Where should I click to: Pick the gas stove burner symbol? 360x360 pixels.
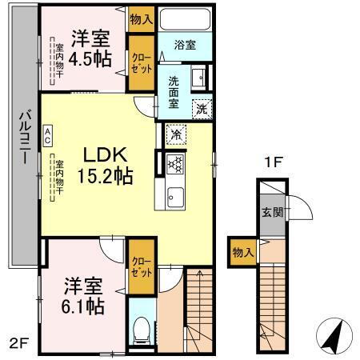coord(175,162)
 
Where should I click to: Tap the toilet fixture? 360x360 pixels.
coord(141,326)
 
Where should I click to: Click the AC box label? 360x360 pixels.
coord(48,133)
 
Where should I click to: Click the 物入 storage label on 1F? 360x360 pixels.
coord(243,253)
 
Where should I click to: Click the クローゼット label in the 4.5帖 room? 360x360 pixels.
coord(140,63)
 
